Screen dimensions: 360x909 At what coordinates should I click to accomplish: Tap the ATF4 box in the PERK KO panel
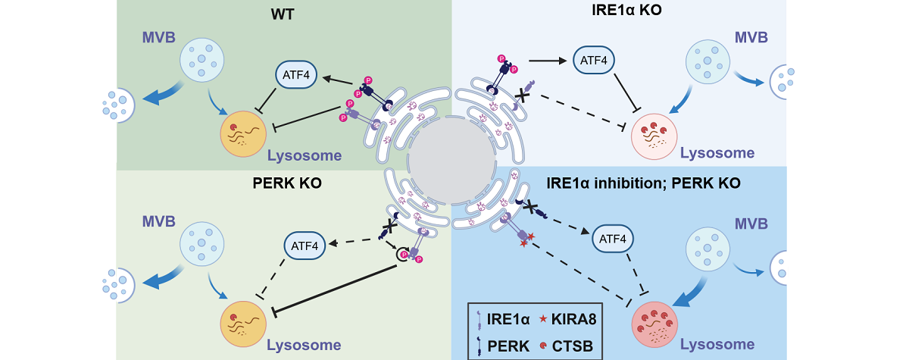305,245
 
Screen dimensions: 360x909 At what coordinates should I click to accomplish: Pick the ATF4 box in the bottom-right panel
613,239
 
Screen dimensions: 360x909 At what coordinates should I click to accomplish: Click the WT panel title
283,14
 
